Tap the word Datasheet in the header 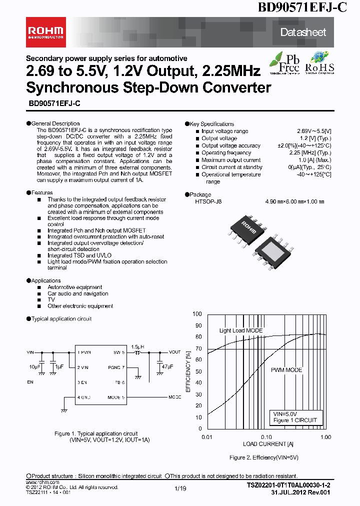point(303,32)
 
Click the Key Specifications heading point(211,124)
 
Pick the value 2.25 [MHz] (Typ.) point(310,153)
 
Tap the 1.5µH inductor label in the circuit point(137,346)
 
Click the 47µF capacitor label point(167,366)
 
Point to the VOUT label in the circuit point(174,352)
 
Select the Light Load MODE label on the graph point(240,331)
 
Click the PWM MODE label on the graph point(286,370)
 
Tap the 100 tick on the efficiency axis point(197,314)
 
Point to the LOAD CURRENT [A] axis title point(268,444)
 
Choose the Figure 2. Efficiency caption point(263,457)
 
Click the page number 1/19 point(180,488)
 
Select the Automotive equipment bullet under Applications point(74,287)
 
